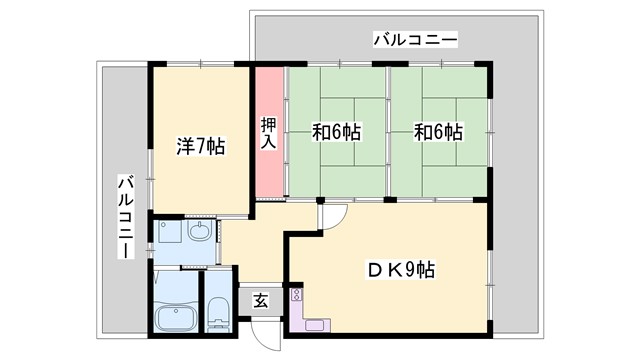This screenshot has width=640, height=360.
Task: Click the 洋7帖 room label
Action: coord(199,147)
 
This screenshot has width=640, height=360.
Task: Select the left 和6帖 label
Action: coord(336,132)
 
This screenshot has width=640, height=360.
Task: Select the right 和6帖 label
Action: coord(438,132)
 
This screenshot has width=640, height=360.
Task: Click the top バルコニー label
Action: coord(415,41)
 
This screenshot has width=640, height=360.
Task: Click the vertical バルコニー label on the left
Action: coord(126,216)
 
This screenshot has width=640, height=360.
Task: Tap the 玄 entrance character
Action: coord(259,300)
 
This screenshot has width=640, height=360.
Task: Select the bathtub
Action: coord(178,319)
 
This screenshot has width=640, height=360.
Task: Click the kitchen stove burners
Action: coord(296,297)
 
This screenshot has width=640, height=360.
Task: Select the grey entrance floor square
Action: coord(259,300)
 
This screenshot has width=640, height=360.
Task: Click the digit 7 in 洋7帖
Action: coord(199,147)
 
